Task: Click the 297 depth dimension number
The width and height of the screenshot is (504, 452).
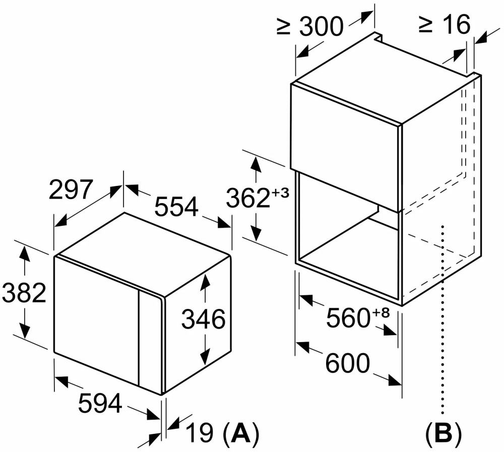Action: (71, 190)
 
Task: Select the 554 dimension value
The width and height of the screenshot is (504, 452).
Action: (176, 207)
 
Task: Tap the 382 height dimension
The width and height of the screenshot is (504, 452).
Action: (24, 293)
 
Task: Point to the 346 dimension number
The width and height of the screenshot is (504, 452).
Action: (203, 319)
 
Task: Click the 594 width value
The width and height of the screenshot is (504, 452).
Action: (100, 403)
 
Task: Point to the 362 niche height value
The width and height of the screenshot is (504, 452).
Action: (247, 198)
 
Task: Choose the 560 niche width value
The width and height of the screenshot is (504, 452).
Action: (347, 318)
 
